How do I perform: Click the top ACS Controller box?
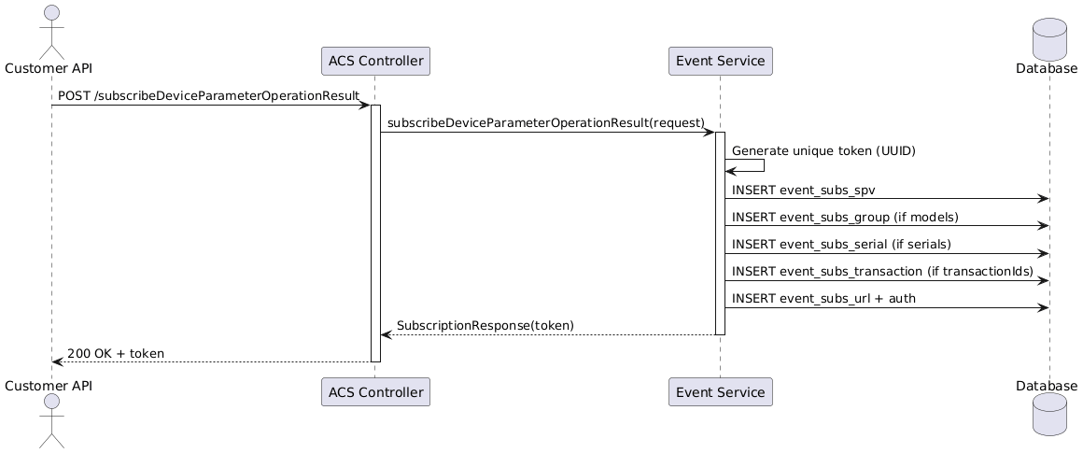375,61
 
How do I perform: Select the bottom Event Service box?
721,392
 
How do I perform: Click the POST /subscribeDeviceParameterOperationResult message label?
208,94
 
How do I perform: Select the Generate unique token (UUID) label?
824,150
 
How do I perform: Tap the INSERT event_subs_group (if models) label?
846,217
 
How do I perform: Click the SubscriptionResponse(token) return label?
485,325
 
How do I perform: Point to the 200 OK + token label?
116,354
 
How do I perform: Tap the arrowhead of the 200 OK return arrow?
57,361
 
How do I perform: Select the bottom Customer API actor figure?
51,420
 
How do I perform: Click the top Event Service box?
721,61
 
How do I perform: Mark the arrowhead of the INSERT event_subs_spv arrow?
1045,199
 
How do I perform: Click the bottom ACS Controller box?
375,392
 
